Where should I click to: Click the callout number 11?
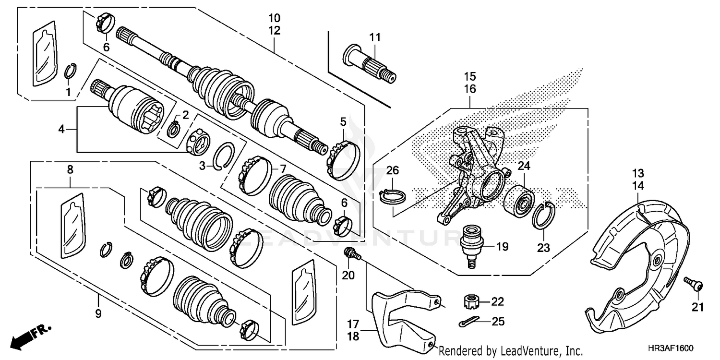(x=374, y=37)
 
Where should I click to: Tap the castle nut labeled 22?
(x=472, y=302)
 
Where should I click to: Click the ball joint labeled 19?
(x=472, y=243)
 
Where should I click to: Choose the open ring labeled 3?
(x=225, y=156)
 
